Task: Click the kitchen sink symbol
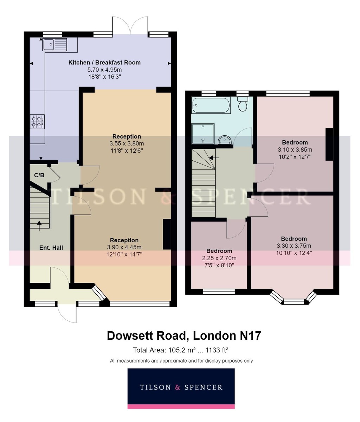click(x=55, y=45)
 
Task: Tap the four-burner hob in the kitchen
click(x=37, y=122)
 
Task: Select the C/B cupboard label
click(x=39, y=175)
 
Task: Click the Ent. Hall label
click(x=51, y=248)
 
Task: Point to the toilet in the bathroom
click(x=243, y=104)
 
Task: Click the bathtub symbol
click(x=211, y=105)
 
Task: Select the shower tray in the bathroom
click(x=203, y=134)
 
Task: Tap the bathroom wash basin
click(x=225, y=140)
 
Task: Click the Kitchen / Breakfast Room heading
click(x=104, y=63)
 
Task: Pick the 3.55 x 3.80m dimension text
click(x=127, y=143)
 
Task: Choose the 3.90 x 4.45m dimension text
click(x=124, y=247)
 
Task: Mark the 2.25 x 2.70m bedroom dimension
click(x=219, y=258)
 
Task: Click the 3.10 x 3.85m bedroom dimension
click(x=295, y=150)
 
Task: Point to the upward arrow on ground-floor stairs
click(x=39, y=226)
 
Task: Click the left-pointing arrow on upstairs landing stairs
click(x=214, y=158)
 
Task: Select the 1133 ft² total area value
click(x=217, y=350)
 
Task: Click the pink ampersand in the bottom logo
click(x=178, y=387)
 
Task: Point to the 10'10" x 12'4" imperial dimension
click(x=294, y=253)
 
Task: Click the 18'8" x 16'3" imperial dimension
click(x=105, y=77)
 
